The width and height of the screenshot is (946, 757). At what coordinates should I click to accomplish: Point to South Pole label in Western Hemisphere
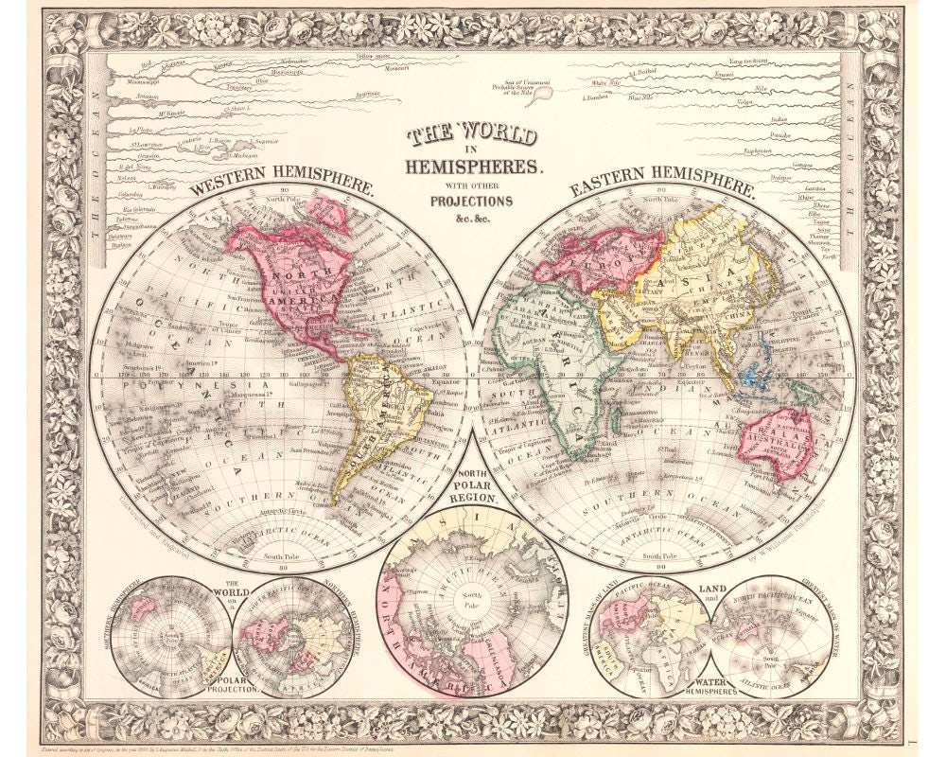click(x=281, y=556)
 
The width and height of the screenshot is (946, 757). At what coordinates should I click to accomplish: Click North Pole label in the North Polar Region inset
click(x=471, y=598)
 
